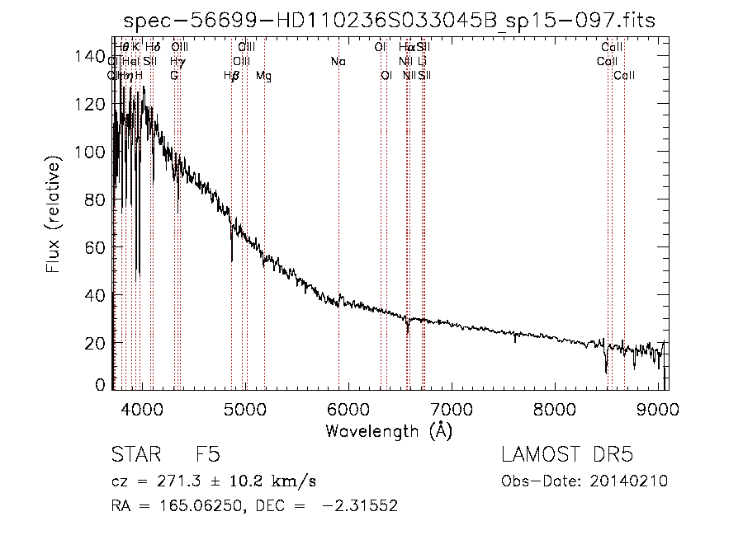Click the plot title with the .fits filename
click(389, 21)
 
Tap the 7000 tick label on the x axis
click(451, 410)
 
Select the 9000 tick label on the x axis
click(657, 410)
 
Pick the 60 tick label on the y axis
click(94, 247)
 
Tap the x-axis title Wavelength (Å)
click(389, 430)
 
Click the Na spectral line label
click(338, 62)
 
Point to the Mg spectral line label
click(263, 76)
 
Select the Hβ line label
click(231, 76)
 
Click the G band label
click(174, 76)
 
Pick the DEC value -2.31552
click(363, 506)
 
